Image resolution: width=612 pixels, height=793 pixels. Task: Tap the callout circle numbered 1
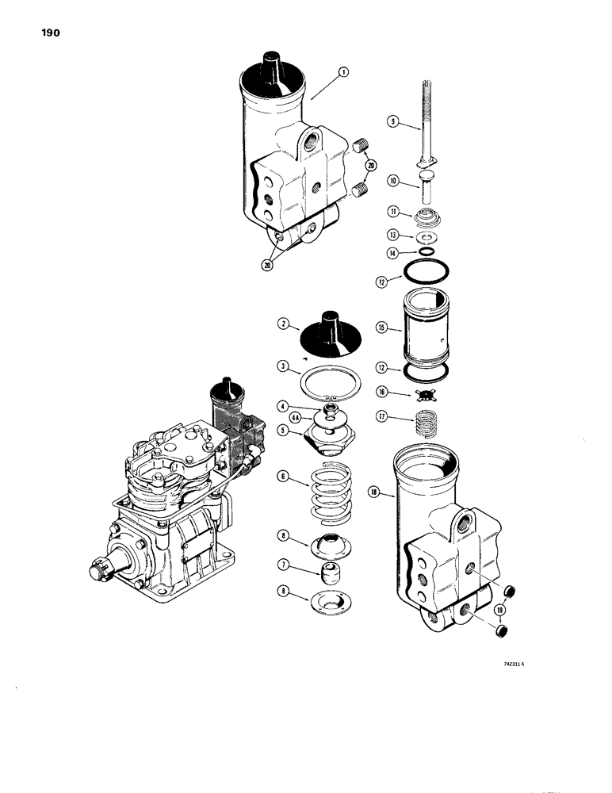(x=343, y=72)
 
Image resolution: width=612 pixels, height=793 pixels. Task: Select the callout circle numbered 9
(x=392, y=121)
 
